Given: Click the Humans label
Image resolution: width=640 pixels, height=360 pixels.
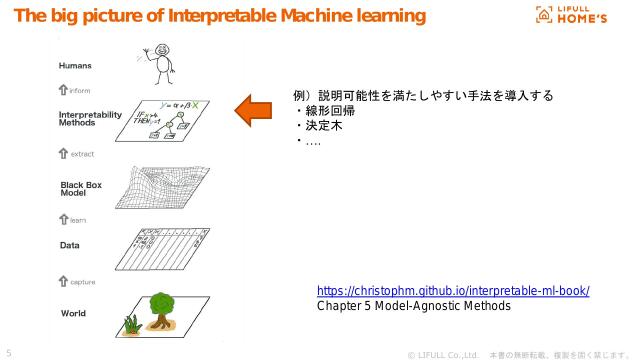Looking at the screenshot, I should tap(75, 66).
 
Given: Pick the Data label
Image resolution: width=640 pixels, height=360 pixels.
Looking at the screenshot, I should tap(70, 244).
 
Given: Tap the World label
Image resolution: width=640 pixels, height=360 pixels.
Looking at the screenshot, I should tap(73, 313).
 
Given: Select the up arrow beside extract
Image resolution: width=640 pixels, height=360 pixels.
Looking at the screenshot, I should tap(63, 154).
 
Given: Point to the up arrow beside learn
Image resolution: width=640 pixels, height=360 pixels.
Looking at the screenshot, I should tap(63, 219).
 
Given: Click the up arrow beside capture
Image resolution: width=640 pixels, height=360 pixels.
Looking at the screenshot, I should tap(63, 281).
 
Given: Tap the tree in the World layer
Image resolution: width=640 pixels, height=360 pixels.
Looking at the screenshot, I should tap(162, 308).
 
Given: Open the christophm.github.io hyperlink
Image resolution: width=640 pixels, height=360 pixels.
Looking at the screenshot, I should tap(453, 291).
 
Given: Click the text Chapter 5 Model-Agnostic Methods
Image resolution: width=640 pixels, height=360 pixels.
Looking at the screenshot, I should tap(413, 306).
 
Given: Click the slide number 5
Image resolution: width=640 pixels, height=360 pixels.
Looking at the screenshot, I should tap(9, 352).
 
